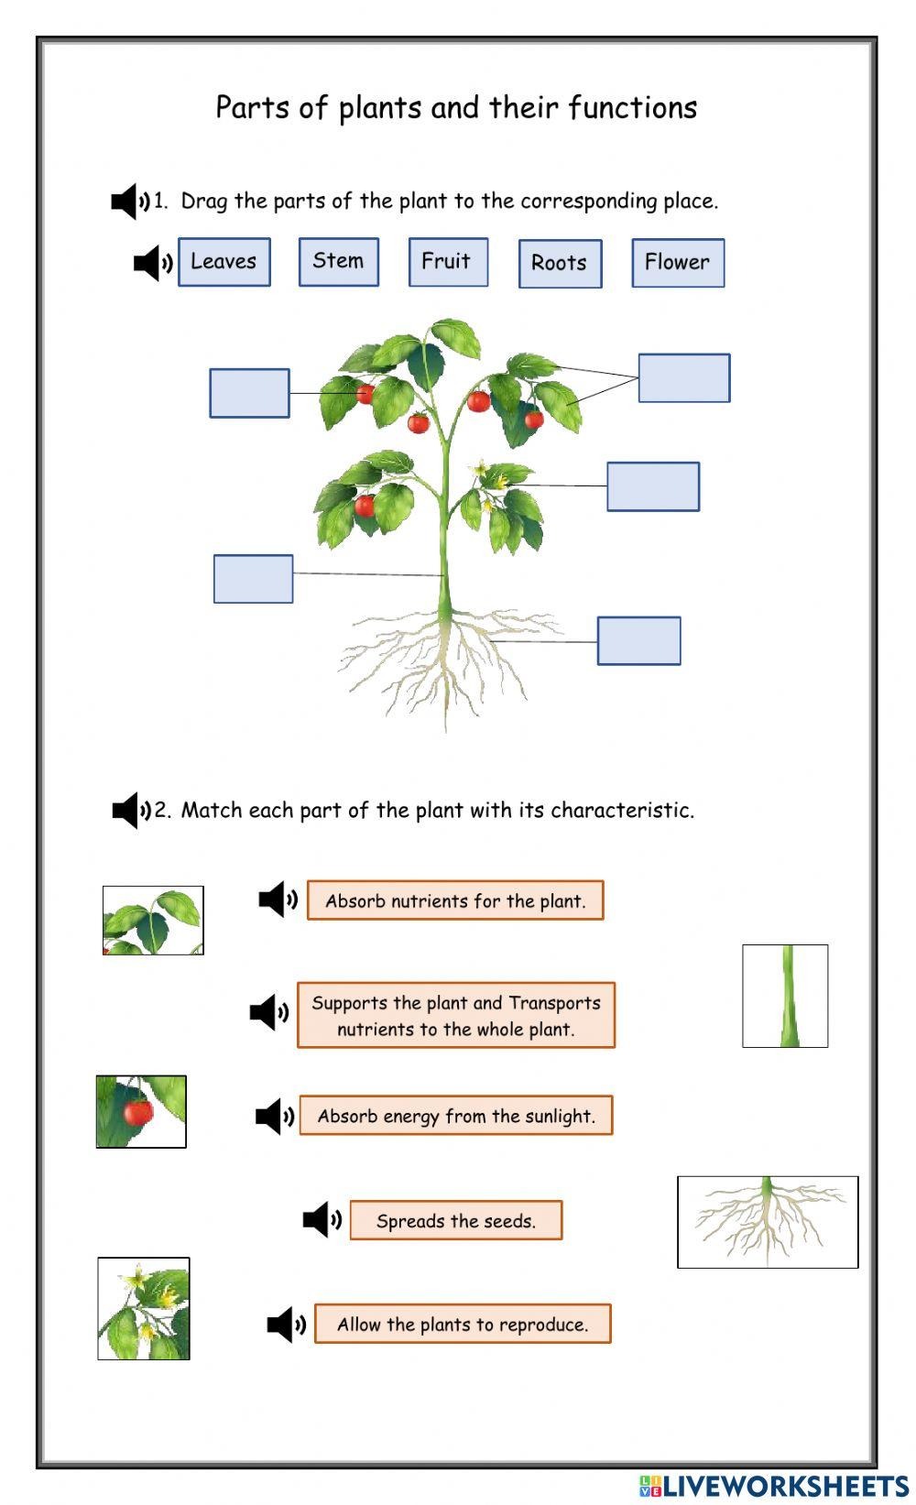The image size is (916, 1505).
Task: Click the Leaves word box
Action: coord(224,262)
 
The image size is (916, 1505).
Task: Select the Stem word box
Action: coord(338,262)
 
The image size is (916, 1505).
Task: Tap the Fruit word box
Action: coord(447,262)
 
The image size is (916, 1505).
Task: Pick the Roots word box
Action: coord(560,264)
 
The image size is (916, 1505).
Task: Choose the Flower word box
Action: coord(677,263)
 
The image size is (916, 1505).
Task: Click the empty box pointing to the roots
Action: coord(638,640)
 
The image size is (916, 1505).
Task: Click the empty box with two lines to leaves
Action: coord(683,377)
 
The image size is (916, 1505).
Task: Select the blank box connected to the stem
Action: coord(253,579)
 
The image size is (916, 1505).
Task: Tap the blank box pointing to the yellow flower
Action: coord(652,486)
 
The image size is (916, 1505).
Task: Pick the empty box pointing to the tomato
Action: coord(249,393)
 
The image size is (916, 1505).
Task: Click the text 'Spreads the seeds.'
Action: coord(455,1221)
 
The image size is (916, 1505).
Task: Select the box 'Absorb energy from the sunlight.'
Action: coord(455,1116)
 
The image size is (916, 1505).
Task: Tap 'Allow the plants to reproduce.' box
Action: coord(462,1325)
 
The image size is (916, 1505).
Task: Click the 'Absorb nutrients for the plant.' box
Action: coord(454,900)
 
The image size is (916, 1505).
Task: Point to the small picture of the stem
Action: coord(784,996)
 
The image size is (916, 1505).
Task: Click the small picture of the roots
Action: coord(767,1222)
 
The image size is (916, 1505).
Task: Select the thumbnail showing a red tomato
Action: coord(141,1111)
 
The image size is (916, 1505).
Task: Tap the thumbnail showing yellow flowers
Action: coord(144,1308)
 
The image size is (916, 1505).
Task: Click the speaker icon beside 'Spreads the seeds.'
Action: coord(322,1220)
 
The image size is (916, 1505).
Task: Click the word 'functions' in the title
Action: coord(632,108)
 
